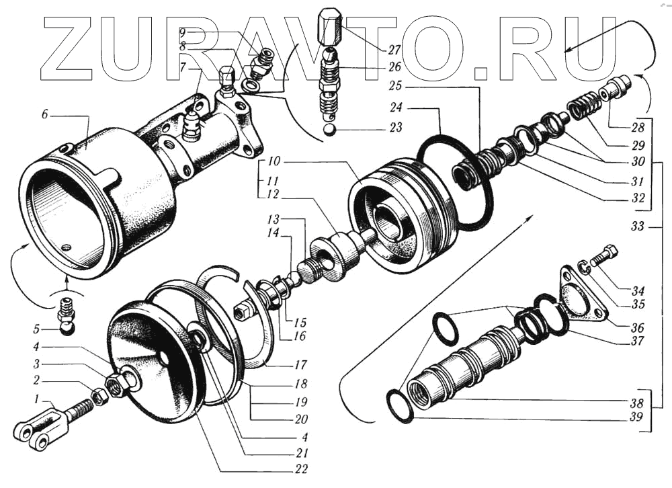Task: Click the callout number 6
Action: tap(44, 115)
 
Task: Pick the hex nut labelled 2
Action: tap(99, 397)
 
